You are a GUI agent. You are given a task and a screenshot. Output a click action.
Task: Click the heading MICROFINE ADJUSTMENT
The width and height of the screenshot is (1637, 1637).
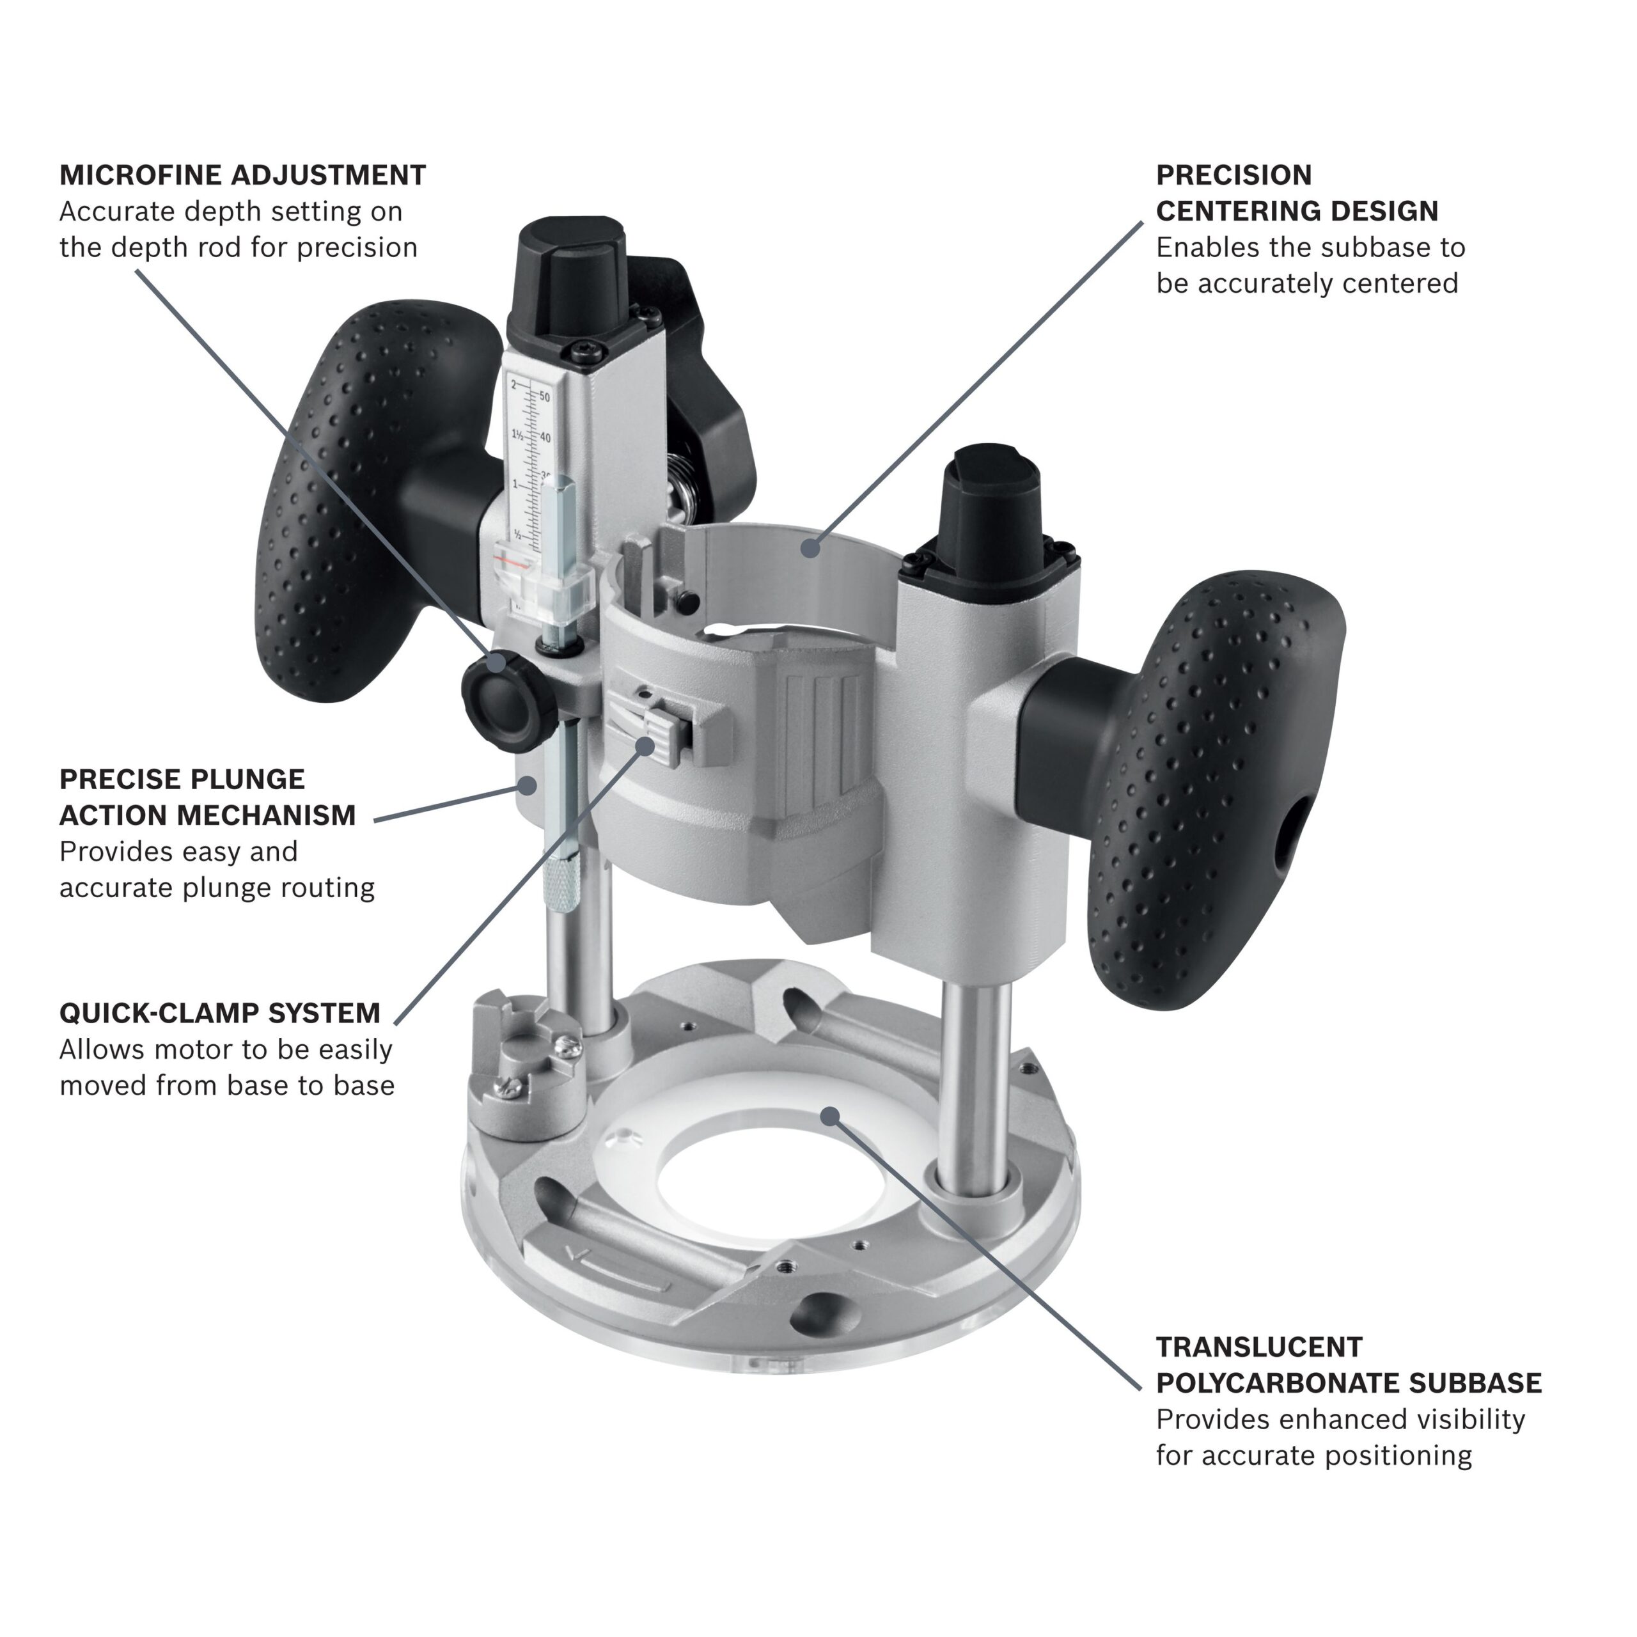point(242,175)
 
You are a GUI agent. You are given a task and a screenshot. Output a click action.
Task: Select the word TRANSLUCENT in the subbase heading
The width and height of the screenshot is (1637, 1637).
point(1259,1347)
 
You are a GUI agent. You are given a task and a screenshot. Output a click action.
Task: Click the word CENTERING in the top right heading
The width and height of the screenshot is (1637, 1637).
point(1248,211)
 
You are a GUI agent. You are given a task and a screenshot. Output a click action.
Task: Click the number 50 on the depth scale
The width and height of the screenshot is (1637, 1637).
point(545,397)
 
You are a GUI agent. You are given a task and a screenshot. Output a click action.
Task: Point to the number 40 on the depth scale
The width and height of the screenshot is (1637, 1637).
point(545,438)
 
